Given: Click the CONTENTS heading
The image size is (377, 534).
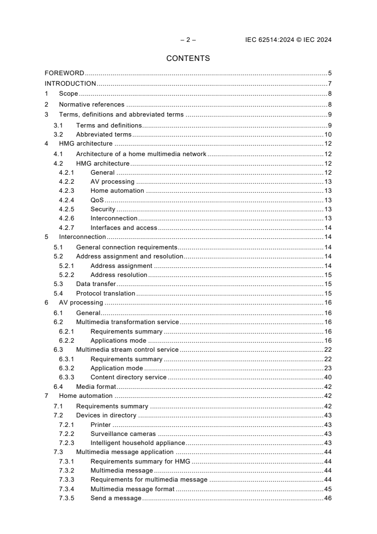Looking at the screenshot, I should coord(188,59).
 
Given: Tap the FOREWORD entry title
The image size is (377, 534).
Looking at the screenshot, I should coord(64,73).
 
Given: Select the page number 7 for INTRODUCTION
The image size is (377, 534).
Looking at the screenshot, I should coord(329,84).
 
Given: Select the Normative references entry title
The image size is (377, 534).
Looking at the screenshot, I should coord(91,105).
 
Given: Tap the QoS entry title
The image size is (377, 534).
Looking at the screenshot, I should coord(97,200).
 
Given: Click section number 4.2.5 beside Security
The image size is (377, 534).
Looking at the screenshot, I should coord(67,209).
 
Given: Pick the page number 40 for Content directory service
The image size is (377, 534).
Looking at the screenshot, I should coord(328,377).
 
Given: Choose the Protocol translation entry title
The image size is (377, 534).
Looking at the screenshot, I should coord(106,294).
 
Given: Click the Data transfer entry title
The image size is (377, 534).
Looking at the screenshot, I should coord(96,284).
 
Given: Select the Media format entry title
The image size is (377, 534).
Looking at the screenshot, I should coord(96,386).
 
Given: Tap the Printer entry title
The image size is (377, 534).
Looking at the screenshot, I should coord(100,425).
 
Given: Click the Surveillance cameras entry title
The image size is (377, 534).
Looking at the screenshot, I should coord(123,434).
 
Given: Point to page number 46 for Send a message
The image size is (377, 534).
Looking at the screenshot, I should coord(328,498).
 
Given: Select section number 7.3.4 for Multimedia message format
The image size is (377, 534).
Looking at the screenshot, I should coord(67,489).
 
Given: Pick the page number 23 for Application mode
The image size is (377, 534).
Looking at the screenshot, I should coord(328,368).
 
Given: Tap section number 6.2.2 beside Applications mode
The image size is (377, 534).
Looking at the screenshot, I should coord(67,340).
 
